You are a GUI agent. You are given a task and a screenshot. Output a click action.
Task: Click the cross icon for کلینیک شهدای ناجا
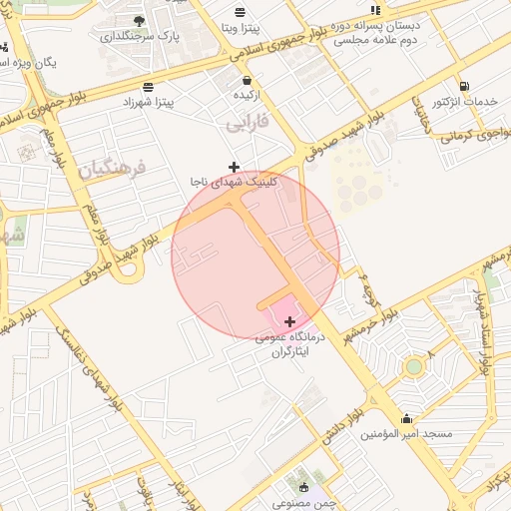coord(234,166)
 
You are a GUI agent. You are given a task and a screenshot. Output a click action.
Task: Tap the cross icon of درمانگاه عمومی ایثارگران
coord(290,321)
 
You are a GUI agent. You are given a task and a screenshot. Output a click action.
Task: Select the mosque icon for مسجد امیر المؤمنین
coord(406,418)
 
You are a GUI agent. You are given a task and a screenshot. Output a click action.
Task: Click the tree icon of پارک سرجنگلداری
coord(139,20)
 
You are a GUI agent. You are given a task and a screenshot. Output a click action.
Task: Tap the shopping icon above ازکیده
coord(246,79)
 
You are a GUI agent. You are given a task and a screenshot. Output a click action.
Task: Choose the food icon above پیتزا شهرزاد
coord(148,86)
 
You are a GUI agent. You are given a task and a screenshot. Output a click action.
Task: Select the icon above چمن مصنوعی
coord(303,487)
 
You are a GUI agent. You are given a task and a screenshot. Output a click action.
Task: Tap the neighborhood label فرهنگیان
coord(111,166)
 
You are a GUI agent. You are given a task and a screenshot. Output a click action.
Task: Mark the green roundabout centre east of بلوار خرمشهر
coord(413,366)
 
